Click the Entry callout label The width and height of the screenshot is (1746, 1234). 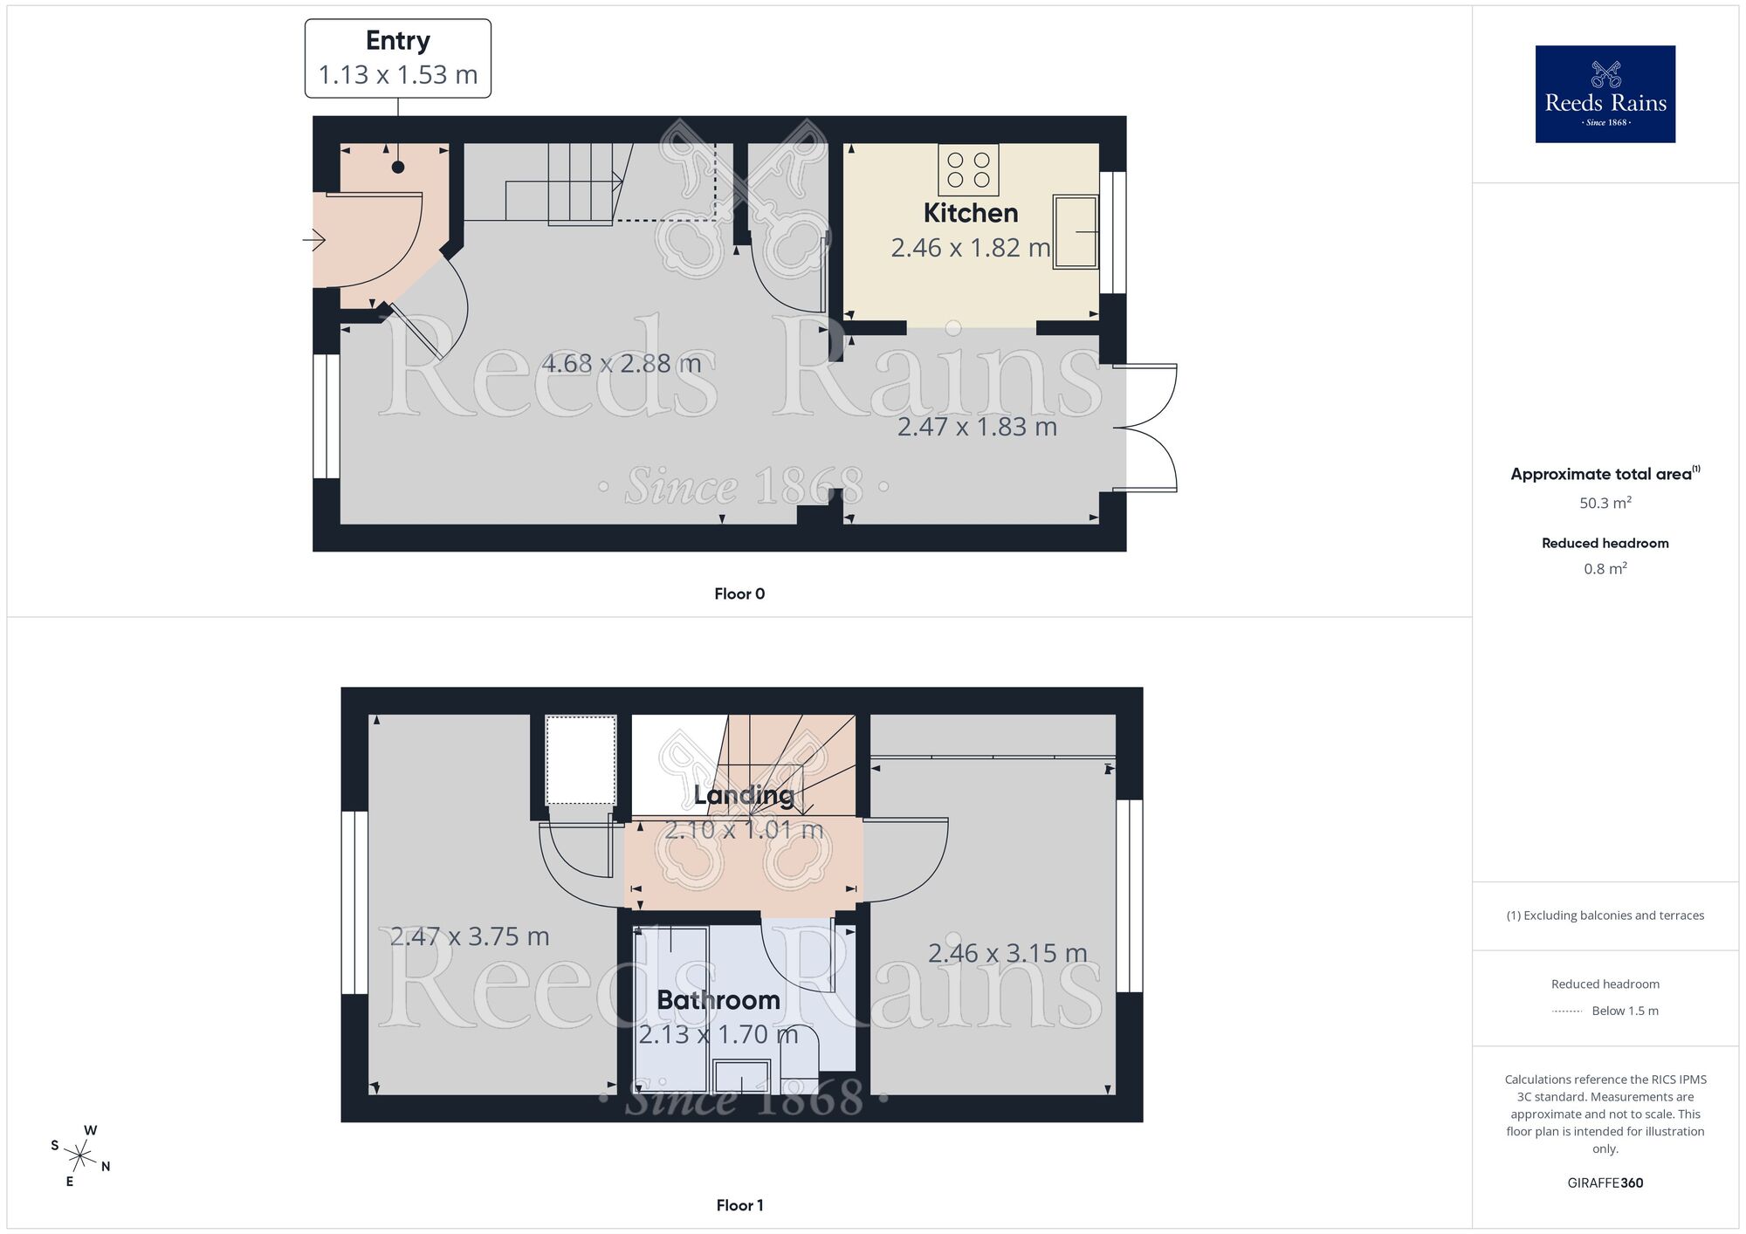click(398, 58)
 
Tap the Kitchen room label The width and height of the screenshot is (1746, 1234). click(970, 213)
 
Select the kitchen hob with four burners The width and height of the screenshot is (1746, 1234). click(968, 170)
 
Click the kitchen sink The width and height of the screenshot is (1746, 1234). click(1076, 231)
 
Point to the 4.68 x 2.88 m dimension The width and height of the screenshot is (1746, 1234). click(621, 363)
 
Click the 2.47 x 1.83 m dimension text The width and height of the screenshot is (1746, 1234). click(977, 427)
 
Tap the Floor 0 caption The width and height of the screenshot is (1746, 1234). click(739, 594)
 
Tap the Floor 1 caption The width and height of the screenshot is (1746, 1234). click(739, 1205)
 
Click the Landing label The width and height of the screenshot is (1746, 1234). click(743, 795)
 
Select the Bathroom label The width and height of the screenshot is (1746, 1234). click(718, 1000)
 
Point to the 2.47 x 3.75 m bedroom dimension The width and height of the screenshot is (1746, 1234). click(470, 936)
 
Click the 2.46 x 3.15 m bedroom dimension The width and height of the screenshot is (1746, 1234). click(1007, 953)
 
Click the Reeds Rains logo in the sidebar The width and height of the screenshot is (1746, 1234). click(1605, 94)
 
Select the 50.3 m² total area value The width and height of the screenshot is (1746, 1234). click(1605, 504)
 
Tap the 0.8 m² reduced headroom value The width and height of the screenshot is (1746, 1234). click(1605, 569)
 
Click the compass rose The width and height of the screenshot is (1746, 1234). click(80, 1157)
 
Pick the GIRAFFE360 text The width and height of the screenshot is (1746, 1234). click(1605, 1183)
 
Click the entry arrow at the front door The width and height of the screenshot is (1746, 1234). click(315, 239)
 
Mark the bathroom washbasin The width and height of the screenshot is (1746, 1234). click(741, 1077)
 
